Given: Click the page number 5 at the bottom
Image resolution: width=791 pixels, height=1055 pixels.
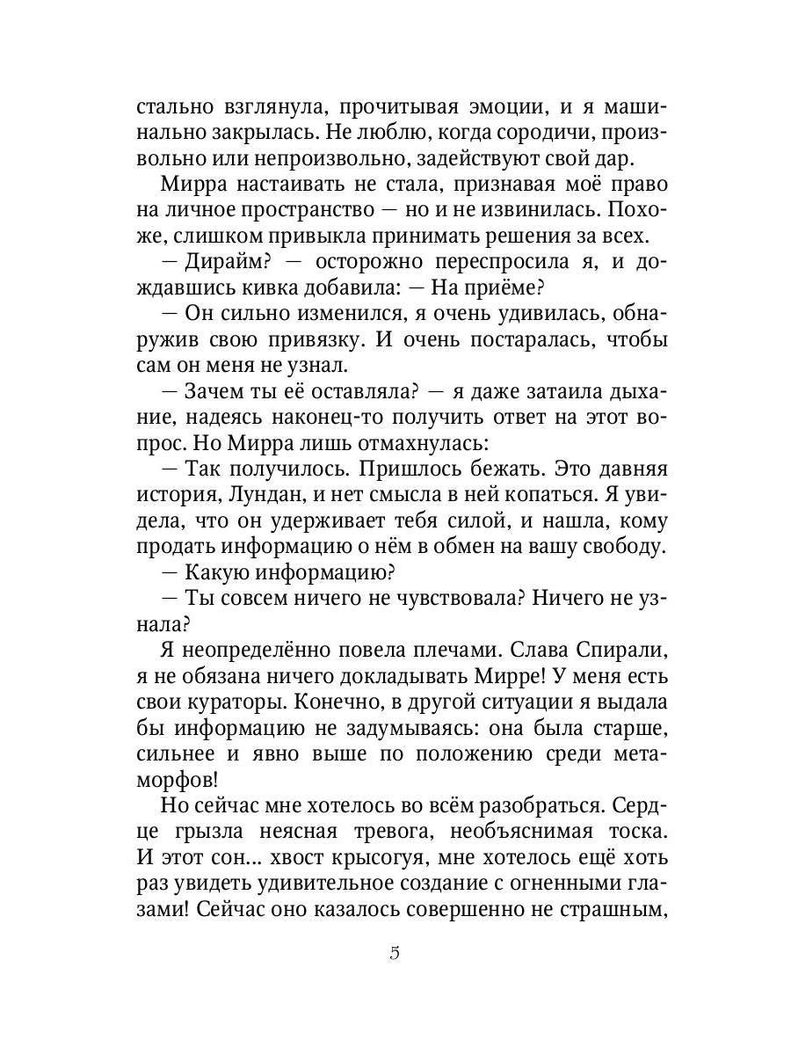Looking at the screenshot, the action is pyautogui.click(x=395, y=954).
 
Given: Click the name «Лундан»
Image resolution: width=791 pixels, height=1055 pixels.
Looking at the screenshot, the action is pyautogui.click(x=272, y=494).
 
